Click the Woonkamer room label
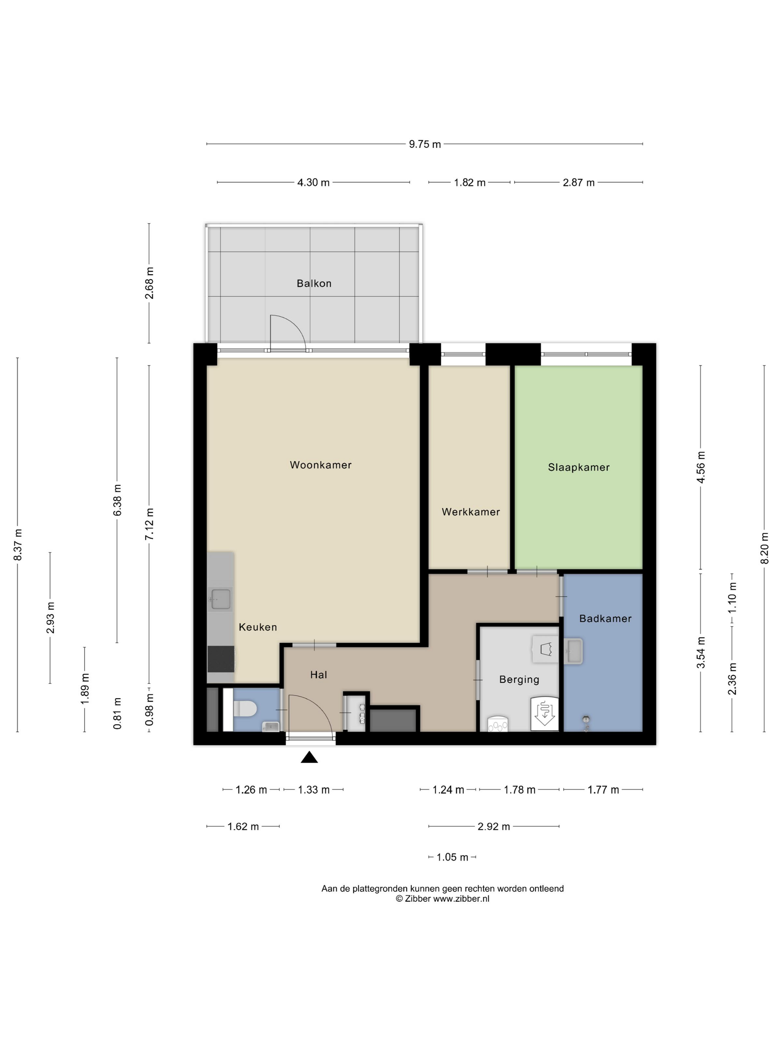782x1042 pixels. [x=321, y=465]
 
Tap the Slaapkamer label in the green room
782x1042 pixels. [x=579, y=467]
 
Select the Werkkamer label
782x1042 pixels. [x=470, y=512]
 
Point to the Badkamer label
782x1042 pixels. [x=605, y=619]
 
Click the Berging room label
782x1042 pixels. [x=519, y=679]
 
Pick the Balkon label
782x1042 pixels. [x=314, y=284]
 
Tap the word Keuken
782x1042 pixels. [x=258, y=627]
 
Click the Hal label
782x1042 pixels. [x=319, y=675]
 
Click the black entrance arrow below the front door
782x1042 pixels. [x=309, y=757]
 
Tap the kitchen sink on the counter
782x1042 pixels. [x=220, y=599]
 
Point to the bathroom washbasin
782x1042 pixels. [x=574, y=651]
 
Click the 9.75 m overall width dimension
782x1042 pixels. [x=425, y=144]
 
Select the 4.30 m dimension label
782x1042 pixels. [x=314, y=182]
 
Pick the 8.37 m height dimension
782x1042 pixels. [x=18, y=544]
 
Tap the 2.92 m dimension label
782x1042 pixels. [x=493, y=826]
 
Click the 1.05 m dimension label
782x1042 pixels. [x=452, y=857]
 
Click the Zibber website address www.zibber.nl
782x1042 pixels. [x=461, y=898]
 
